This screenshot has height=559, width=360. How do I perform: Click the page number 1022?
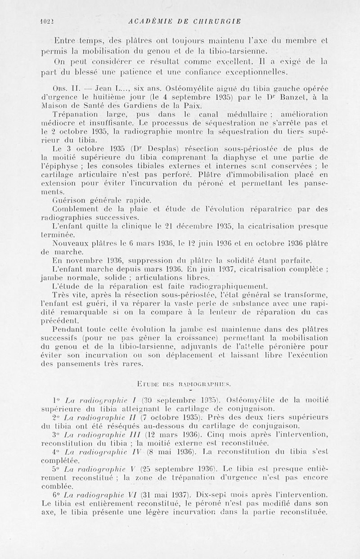[x=46, y=21]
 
